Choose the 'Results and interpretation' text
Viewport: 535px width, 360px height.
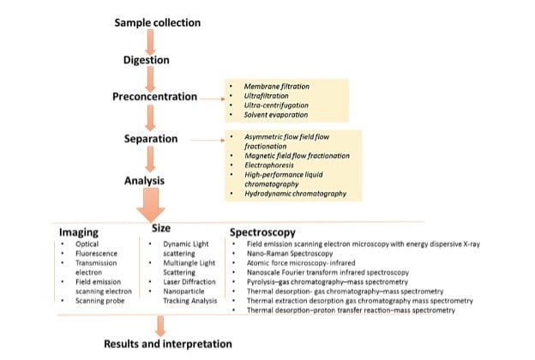[167, 344]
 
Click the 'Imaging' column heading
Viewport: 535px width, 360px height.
[80, 232]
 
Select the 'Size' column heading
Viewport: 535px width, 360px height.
[163, 229]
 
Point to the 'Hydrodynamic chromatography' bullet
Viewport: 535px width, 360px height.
[296, 193]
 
